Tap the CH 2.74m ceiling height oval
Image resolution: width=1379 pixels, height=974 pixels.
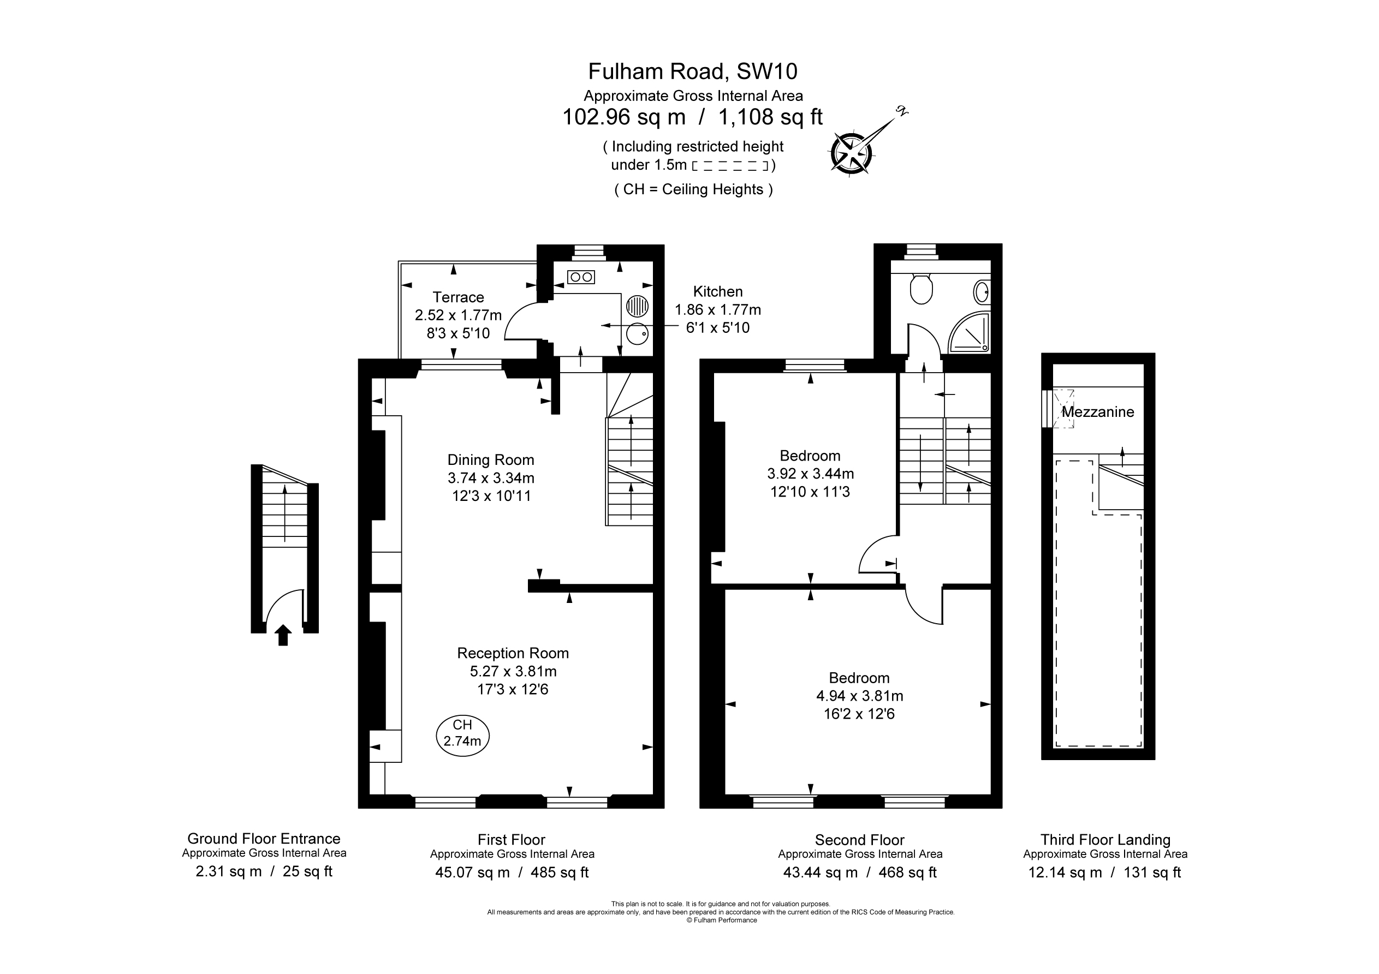462,734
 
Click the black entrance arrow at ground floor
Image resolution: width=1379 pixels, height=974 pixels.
283,635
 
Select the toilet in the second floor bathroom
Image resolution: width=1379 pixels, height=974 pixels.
921,289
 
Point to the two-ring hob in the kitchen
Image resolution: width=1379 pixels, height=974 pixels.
581,277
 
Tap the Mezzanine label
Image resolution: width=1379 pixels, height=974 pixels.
1097,412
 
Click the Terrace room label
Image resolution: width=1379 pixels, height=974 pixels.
458,297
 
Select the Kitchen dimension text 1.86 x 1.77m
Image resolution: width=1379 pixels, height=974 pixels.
718,310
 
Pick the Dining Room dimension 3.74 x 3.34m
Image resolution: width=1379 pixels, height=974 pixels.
491,478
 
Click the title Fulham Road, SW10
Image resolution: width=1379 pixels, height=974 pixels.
693,71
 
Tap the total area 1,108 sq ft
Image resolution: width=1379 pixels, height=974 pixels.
771,116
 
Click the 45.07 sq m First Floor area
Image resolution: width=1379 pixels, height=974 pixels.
472,873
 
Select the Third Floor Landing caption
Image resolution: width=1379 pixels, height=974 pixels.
1105,839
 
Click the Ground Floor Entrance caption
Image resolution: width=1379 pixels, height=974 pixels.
264,838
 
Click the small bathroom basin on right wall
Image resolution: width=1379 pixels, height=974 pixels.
982,292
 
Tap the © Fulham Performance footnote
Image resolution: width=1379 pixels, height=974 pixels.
721,920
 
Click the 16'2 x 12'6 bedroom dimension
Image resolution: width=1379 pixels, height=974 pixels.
859,714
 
